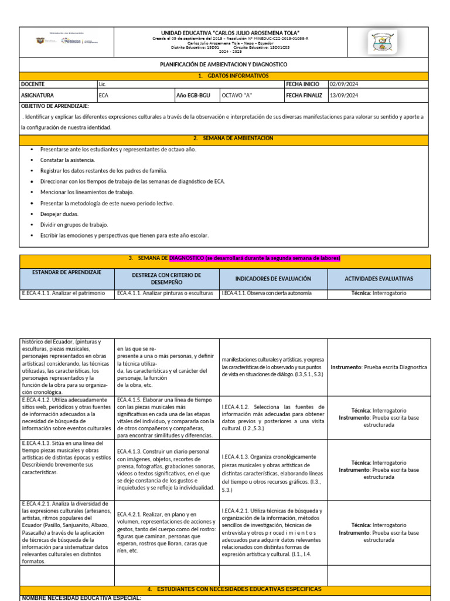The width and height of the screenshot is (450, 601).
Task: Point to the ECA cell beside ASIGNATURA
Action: pyautogui.click(x=104, y=95)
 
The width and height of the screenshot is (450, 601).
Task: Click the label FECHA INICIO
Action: pyautogui.click(x=303, y=85)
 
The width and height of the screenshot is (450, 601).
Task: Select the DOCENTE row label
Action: pyautogui.click(x=33, y=85)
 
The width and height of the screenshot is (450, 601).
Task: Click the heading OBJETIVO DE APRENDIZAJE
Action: pyautogui.click(x=55, y=106)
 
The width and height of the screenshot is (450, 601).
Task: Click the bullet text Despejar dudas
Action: pyautogui.click(x=59, y=214)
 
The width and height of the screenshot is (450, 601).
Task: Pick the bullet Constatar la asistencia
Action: pyautogui.click(x=67, y=160)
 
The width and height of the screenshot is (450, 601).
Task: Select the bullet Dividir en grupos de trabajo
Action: pyautogui.click(x=74, y=225)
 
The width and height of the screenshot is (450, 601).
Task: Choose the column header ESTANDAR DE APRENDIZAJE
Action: pyautogui.click(x=67, y=272)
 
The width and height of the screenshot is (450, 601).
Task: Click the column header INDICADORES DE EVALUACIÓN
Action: pyautogui.click(x=273, y=279)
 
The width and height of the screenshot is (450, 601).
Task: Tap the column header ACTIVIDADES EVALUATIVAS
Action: pyautogui.click(x=382, y=279)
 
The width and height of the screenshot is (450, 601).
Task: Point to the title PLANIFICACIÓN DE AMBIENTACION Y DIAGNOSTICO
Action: pyautogui.click(x=224, y=65)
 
